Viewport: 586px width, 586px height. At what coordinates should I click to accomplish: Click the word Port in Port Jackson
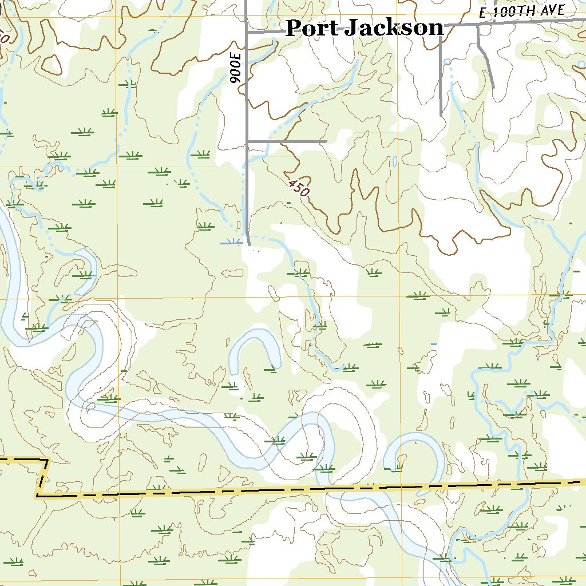tap(312, 27)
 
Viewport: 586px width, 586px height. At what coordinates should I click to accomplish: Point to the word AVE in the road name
tap(553, 9)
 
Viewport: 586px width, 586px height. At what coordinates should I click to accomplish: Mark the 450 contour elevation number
tap(298, 188)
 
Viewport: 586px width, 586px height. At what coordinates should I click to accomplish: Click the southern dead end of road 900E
tap(249, 244)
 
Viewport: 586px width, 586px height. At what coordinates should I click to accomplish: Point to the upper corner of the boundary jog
tap(47, 460)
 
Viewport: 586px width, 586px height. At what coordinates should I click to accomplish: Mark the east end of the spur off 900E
tap(326, 141)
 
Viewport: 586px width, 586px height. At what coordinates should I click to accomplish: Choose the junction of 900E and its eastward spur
tap(247, 141)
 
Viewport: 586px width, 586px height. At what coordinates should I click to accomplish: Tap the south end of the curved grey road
tap(493, 87)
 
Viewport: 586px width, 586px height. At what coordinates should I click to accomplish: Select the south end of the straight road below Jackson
tap(441, 115)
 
